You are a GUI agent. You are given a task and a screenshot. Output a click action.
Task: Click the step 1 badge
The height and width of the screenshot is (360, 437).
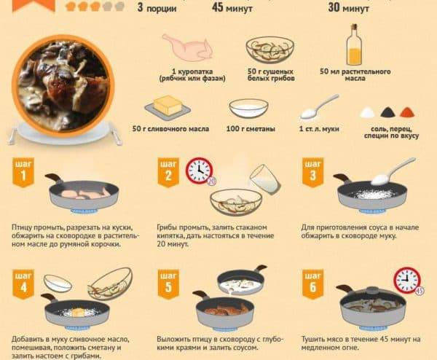coord(23,172)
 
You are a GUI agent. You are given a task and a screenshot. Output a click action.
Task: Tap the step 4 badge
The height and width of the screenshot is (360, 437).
coord(23,284)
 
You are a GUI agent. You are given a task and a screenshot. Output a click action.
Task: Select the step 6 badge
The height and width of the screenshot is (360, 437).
coord(313,284)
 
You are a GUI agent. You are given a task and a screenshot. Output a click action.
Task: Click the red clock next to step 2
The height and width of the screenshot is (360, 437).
coord(200,171)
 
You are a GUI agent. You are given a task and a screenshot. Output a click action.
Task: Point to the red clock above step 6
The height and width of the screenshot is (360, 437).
coord(407,280)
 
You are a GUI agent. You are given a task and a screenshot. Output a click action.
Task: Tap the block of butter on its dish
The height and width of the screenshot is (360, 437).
coord(168,107)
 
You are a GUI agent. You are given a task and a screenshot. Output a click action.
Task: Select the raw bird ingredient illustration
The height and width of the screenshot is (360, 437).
coord(187,47)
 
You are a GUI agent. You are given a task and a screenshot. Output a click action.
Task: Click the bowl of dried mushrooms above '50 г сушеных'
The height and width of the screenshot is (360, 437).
coord(270,50)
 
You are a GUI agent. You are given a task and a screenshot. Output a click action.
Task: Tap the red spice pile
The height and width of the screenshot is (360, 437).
coord(408,112)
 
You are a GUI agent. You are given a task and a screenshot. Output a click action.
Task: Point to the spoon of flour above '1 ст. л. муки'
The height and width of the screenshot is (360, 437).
coord(319,106)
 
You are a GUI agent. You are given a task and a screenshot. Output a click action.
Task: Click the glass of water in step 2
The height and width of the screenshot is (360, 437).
coord(265,179)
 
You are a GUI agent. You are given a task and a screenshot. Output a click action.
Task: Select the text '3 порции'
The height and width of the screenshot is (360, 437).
coord(157,7)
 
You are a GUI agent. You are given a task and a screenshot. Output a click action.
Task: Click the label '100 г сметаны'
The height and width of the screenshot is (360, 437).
coord(251,129)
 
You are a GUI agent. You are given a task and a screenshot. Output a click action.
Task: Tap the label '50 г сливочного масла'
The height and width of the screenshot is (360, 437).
coord(170,129)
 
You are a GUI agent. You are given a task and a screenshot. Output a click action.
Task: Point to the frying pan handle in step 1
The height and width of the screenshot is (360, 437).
coord(53,177)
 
